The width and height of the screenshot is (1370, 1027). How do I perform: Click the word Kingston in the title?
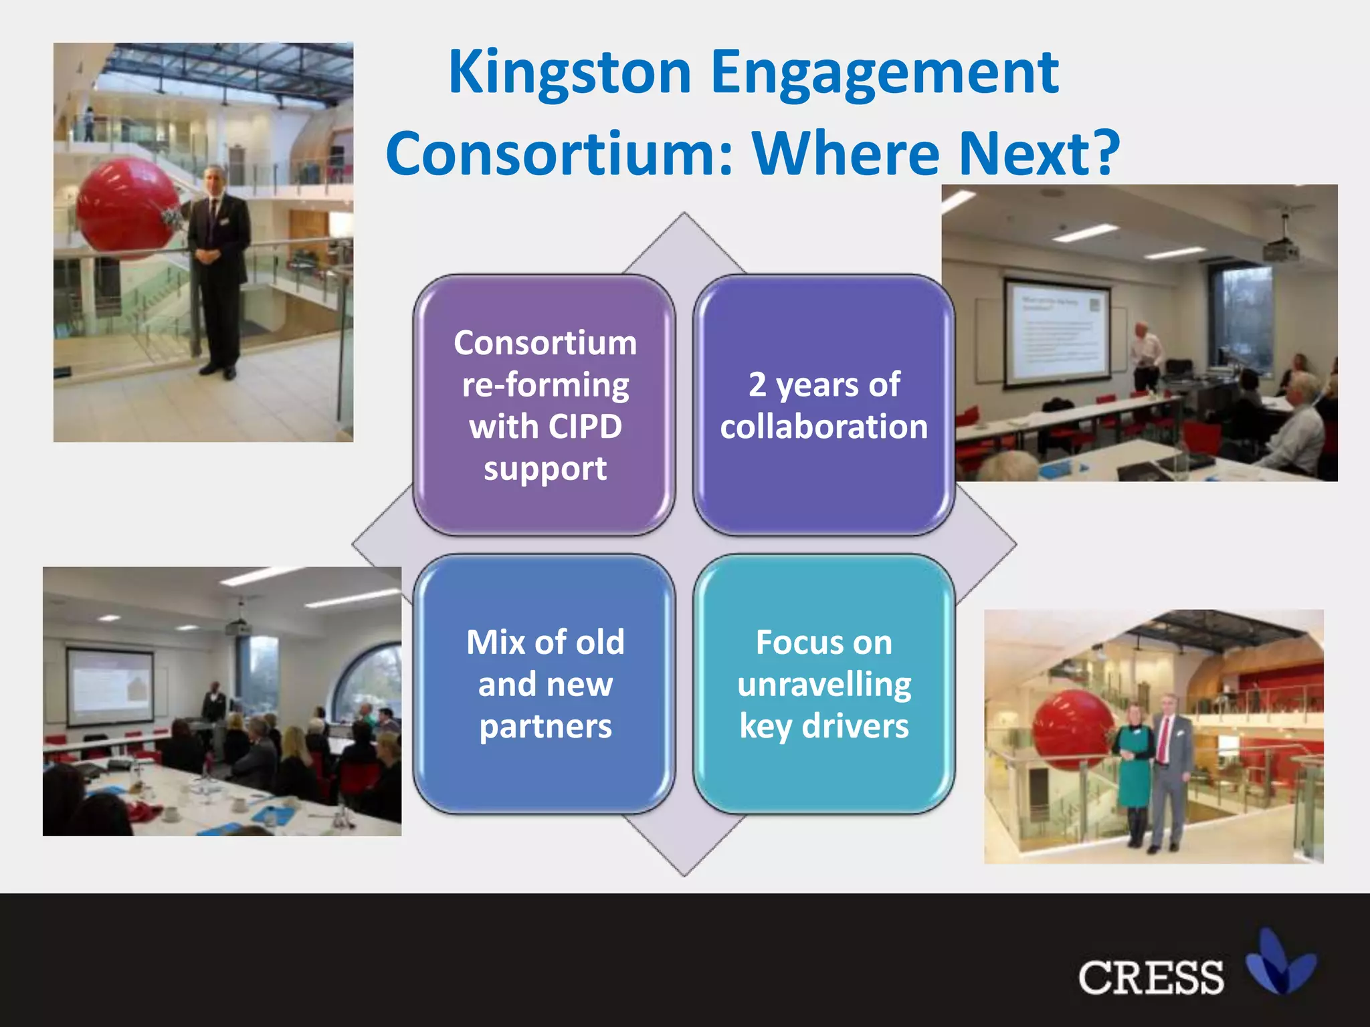[569, 74]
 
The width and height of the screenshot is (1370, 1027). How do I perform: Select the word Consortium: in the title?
[559, 154]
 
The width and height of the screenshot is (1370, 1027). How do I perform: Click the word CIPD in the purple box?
[585, 427]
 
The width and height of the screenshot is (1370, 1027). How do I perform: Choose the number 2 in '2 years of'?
[757, 385]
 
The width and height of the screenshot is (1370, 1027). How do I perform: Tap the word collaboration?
[823, 427]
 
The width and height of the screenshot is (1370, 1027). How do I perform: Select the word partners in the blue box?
[545, 726]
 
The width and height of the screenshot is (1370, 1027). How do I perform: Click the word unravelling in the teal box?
[823, 685]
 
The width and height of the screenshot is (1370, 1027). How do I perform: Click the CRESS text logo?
[1151, 978]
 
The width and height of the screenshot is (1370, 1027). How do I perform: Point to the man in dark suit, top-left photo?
[217, 267]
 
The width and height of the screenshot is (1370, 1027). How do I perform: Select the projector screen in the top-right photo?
[1057, 332]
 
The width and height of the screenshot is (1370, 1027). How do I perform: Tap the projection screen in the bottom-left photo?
[110, 685]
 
